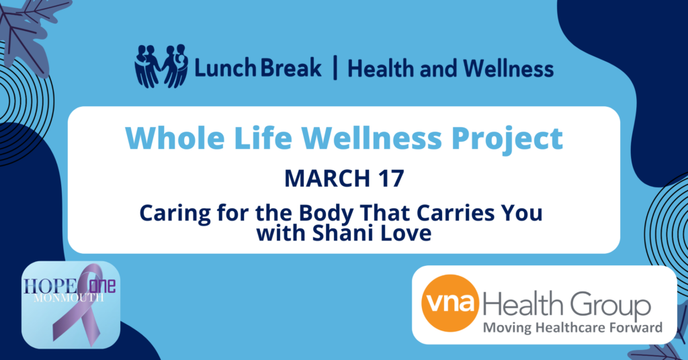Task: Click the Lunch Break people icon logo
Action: [161, 66]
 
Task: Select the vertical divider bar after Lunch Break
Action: [335, 68]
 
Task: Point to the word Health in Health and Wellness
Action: [381, 69]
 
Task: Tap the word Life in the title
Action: [263, 138]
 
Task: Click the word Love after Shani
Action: [405, 233]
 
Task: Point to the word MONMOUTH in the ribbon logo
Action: [69, 298]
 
